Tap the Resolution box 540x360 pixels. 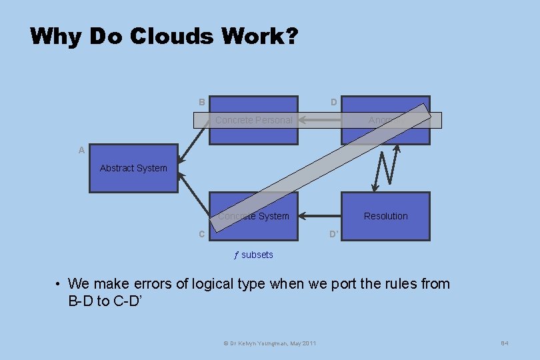click(386, 216)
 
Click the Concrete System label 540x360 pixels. click(254, 216)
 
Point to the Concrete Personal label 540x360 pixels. click(254, 120)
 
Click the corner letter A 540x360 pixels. click(81, 151)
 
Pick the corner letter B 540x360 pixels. click(201, 102)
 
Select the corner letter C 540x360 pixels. click(201, 234)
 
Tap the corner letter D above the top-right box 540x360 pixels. click(334, 102)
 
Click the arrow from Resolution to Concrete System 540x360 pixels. click(320, 216)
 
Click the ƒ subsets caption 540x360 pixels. click(254, 255)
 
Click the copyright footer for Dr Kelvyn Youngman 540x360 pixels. click(269, 343)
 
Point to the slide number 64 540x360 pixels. click(505, 343)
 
